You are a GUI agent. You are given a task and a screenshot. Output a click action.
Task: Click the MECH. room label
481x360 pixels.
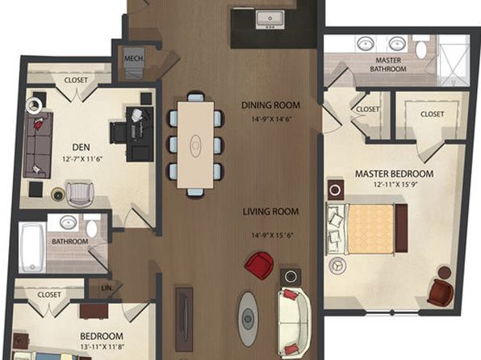[134, 58]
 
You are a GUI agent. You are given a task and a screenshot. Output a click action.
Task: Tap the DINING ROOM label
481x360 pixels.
[270, 105]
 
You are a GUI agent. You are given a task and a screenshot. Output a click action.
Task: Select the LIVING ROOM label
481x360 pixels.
[270, 211]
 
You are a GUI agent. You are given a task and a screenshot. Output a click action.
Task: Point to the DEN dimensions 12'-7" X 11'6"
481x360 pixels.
[82, 159]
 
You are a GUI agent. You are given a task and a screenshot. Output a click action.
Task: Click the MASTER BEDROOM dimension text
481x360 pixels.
[395, 185]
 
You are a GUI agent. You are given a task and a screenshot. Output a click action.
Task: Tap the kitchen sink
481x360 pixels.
[270, 19]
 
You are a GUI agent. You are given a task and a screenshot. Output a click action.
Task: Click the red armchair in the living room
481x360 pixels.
[259, 266]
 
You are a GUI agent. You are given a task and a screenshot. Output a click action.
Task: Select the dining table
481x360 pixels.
[195, 144]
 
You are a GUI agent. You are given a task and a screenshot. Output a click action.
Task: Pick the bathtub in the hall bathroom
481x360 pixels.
[32, 247]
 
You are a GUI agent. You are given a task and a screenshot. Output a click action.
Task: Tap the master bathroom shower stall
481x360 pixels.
[454, 61]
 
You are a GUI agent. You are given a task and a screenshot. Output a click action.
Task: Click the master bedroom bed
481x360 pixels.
[367, 229]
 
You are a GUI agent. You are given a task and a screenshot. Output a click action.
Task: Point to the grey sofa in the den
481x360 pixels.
[38, 144]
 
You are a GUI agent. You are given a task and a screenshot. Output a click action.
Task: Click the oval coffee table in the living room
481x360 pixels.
[247, 319]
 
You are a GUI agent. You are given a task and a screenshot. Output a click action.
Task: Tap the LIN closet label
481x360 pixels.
[107, 288]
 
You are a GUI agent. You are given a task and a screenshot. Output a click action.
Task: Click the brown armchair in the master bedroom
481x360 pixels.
[441, 292]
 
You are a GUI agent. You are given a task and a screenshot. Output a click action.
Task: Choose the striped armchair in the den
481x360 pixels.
[80, 194]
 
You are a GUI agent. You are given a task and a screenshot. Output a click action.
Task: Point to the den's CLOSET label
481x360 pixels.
[76, 80]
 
